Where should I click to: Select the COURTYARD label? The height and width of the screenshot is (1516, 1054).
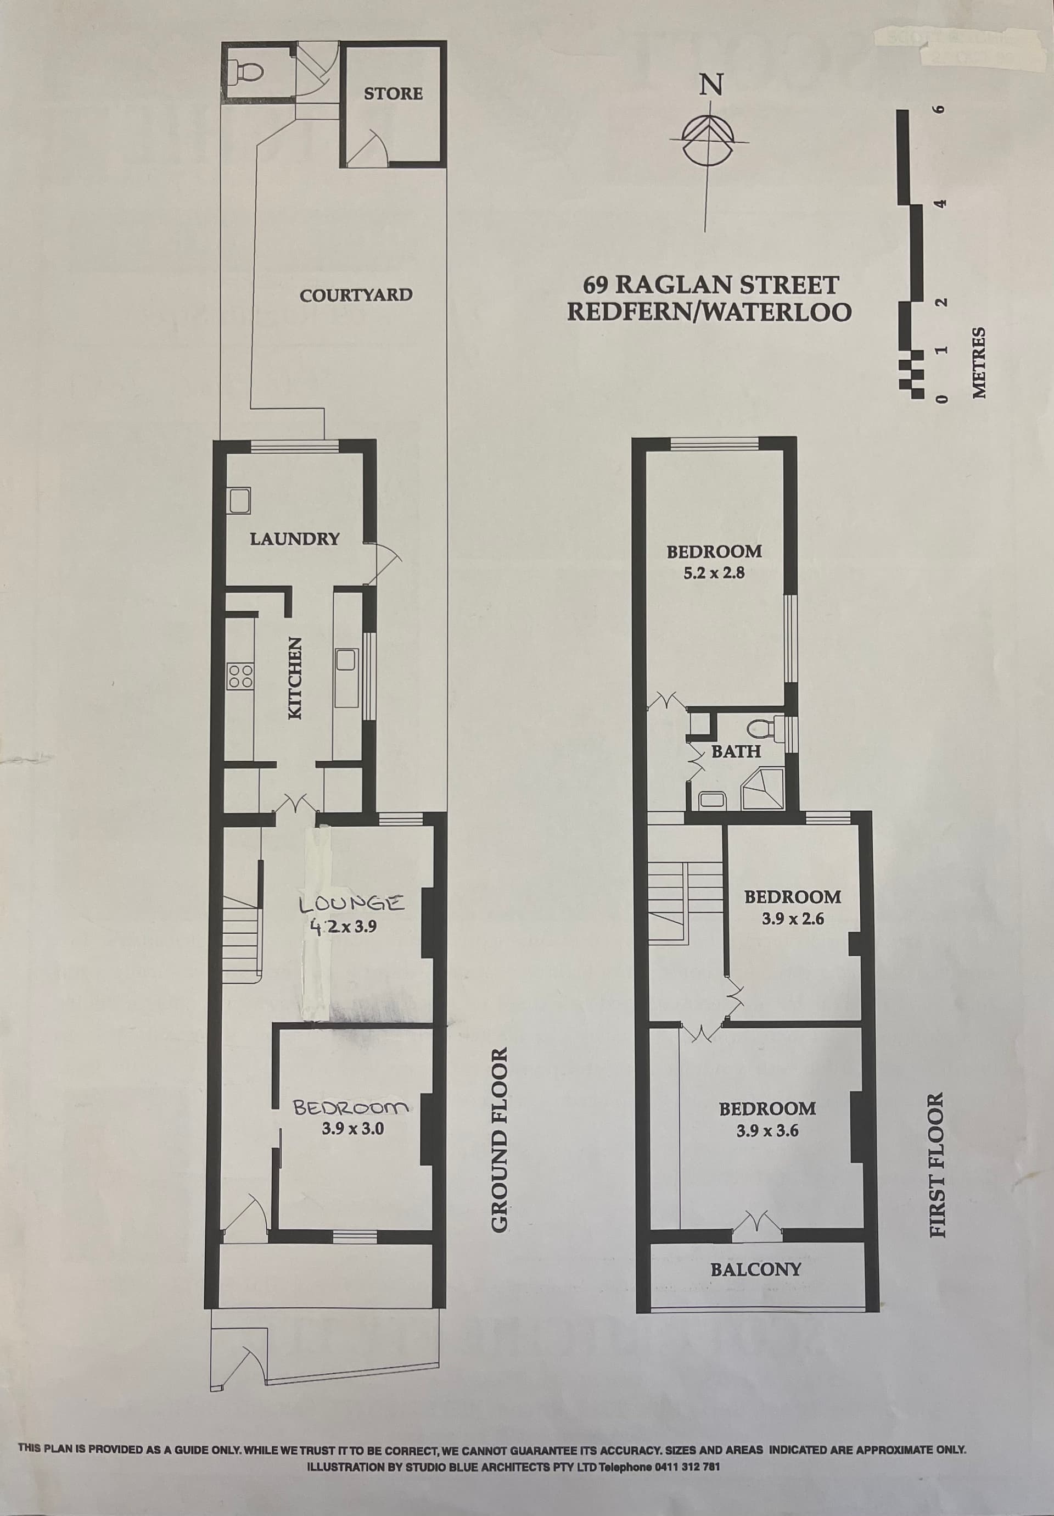356,295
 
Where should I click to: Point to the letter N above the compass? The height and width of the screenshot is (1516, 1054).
711,84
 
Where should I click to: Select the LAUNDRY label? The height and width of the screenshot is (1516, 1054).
294,539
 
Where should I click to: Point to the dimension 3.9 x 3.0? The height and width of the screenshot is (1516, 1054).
353,666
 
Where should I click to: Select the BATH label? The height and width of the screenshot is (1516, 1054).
737,751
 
